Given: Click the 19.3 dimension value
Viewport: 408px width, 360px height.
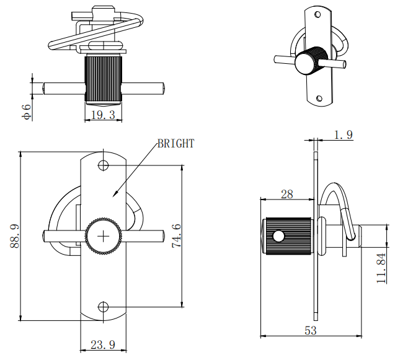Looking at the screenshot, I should tap(104, 115).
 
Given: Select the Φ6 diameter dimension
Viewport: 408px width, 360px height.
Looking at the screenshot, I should tap(27, 112).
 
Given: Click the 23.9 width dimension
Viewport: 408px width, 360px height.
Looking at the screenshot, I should tap(103, 345).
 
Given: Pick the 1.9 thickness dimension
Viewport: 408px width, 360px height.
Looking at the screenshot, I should tap(343, 134).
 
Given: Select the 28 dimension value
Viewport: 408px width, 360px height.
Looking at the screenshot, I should tap(286, 194).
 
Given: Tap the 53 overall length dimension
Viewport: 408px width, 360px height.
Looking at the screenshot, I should tap(310, 331).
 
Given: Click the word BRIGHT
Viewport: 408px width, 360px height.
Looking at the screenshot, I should tap(175, 144).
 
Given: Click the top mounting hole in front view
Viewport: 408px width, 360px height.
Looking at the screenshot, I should tap(104, 165).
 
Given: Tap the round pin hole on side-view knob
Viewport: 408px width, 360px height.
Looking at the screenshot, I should tap(278, 236).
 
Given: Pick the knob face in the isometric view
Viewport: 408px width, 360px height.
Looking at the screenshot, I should tap(305, 63).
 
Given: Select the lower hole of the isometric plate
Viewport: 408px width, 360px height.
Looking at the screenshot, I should tap(319, 98).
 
